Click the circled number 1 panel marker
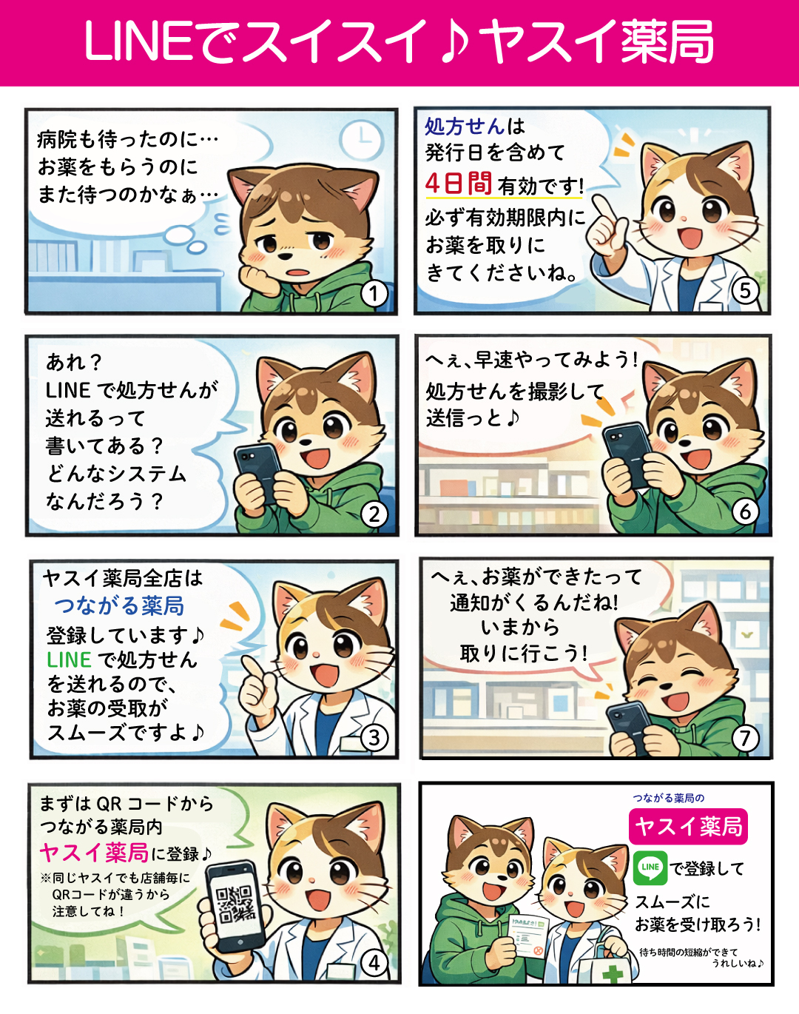(374, 294)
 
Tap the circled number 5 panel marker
(745, 291)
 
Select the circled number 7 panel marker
(745, 738)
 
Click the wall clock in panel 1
(363, 139)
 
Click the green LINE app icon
(650, 867)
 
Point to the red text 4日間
(459, 183)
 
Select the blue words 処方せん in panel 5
(465, 126)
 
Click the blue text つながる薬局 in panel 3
(119, 606)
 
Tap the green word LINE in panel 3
(69, 659)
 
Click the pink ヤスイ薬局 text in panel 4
(94, 852)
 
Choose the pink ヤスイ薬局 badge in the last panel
(688, 826)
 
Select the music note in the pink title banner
(454, 41)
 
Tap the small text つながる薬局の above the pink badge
(668, 798)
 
